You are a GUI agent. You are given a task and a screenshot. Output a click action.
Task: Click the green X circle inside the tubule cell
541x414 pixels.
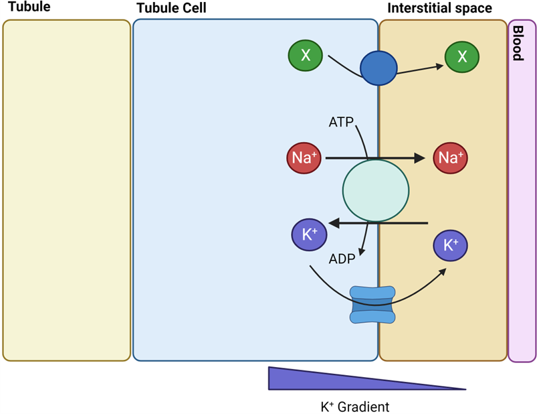point(305,56)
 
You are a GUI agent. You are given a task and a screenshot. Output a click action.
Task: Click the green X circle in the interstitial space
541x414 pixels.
point(462,56)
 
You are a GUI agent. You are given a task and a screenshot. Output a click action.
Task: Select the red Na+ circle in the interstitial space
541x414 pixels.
point(450,158)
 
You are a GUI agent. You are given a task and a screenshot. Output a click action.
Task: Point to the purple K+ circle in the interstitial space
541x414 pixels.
point(451,247)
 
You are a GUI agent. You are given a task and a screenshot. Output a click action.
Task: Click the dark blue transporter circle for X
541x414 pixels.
point(378,68)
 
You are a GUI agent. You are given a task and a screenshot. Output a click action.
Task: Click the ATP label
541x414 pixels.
point(341,123)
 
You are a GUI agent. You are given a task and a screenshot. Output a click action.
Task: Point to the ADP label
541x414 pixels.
point(341,259)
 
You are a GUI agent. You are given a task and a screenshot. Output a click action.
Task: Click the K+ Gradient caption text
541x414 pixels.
point(354,406)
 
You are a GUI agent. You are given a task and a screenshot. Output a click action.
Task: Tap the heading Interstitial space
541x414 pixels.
point(440,9)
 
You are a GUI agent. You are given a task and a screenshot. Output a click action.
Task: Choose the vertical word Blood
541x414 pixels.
point(518,43)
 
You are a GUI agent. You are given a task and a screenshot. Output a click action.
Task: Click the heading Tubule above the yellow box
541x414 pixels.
point(29,8)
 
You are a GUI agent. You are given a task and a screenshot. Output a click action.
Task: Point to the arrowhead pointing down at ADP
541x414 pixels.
point(362,251)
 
